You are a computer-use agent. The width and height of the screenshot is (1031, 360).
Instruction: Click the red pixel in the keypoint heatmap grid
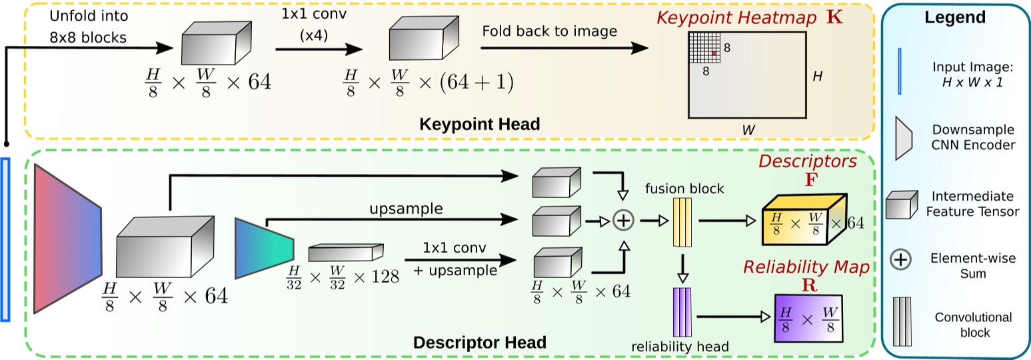(x=714, y=53)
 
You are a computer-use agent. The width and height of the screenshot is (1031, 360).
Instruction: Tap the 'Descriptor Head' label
(x=480, y=343)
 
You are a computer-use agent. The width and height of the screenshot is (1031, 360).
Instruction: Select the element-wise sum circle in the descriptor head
(x=624, y=220)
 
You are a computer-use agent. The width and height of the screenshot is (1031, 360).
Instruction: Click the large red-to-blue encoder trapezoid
(x=67, y=238)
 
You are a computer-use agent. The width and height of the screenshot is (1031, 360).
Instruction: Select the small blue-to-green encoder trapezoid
(x=263, y=247)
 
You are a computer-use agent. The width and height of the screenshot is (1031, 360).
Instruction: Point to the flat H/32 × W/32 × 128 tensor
(x=345, y=253)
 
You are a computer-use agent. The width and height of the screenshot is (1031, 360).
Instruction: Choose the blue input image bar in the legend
(x=900, y=73)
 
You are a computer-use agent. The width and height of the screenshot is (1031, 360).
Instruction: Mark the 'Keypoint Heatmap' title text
(x=737, y=19)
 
